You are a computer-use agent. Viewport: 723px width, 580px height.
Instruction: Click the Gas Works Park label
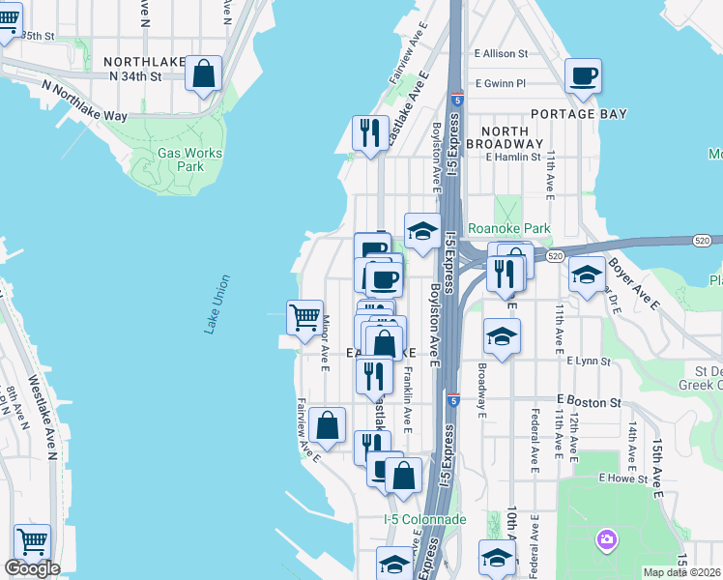tap(189, 159)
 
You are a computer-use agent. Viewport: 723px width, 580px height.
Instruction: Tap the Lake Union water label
tap(217, 304)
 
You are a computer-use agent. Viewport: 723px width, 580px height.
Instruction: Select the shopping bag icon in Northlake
tap(204, 74)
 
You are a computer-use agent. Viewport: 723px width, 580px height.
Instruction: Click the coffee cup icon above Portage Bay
tap(584, 76)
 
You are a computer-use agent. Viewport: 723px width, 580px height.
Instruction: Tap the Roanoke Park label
tap(508, 229)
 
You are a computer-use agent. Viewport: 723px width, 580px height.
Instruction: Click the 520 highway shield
tap(554, 256)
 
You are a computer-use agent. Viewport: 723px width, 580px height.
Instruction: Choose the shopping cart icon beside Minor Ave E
tap(304, 317)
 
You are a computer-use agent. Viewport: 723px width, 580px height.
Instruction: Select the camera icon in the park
tap(606, 538)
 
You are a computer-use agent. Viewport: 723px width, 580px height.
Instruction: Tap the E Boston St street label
tap(587, 399)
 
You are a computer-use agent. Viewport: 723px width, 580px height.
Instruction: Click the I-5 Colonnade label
tap(424, 520)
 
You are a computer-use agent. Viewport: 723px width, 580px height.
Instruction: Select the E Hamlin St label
tap(512, 157)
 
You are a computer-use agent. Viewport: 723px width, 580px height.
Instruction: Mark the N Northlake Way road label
tap(85, 101)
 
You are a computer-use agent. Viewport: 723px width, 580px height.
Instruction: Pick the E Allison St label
tap(500, 54)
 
